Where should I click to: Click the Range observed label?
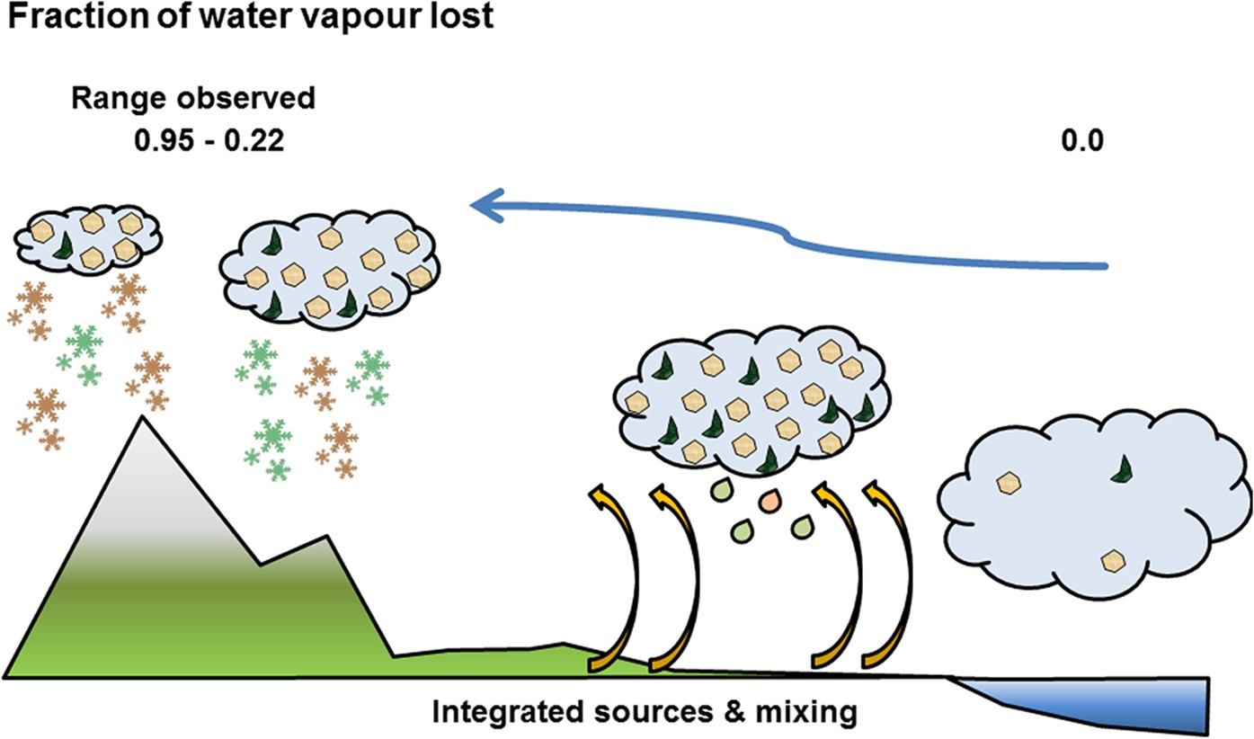(193, 98)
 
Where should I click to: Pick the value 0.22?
(254, 142)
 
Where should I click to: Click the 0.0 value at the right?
(1081, 142)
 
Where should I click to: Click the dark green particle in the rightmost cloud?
(1120, 467)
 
